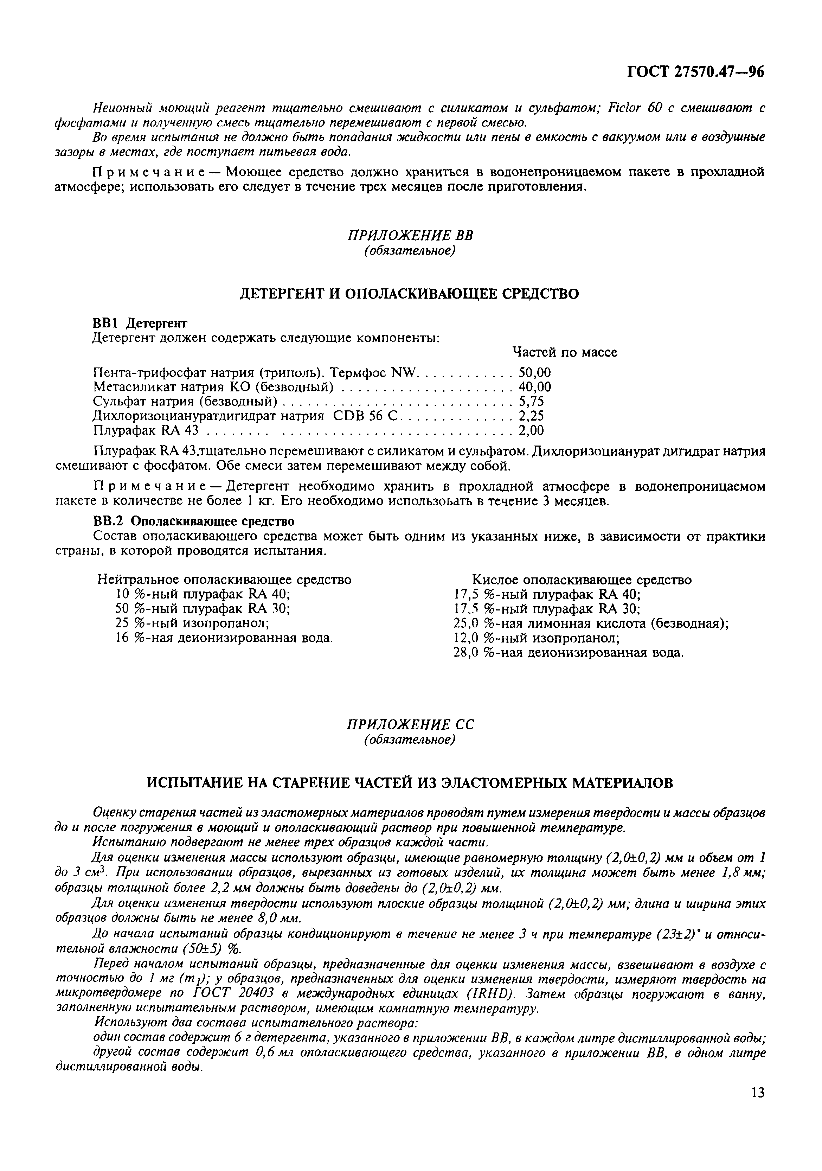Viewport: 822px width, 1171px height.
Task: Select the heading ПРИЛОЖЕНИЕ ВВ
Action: pyautogui.click(x=411, y=236)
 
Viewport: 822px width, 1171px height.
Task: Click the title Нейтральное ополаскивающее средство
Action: pyautogui.click(x=224, y=580)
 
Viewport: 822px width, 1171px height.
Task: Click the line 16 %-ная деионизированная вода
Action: pyautogui.click(x=224, y=638)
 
